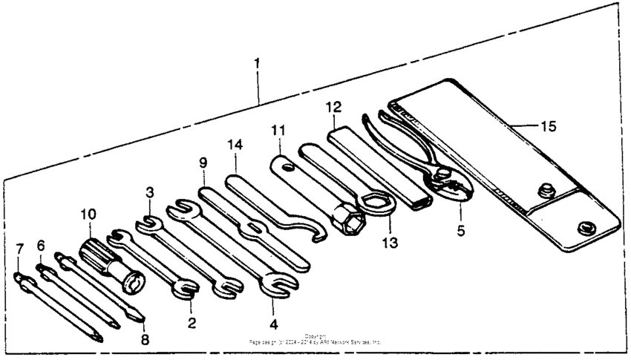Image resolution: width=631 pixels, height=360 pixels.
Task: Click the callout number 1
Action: point(257,64)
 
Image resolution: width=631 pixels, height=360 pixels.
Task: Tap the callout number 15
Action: point(547,125)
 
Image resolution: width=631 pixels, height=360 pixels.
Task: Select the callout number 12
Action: point(332,107)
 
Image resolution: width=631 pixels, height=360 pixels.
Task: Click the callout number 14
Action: point(236,147)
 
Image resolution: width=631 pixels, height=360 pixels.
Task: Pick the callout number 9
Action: point(203,163)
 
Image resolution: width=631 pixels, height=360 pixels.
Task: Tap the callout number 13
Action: point(390,242)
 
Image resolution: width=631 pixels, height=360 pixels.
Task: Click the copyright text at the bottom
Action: point(315,340)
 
